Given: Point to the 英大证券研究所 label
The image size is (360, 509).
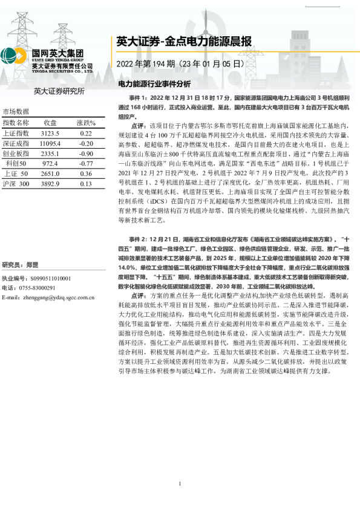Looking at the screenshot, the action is point(59,91).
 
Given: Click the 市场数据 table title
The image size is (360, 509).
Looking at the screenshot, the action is point(16,112).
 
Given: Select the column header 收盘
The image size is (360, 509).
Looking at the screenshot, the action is point(50,123).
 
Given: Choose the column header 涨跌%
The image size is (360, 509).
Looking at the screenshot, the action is point(86,123).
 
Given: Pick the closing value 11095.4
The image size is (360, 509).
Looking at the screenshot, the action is point(50,143).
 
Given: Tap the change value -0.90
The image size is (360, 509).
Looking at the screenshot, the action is point(86,153).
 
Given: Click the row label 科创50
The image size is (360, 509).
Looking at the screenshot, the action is point(16,163).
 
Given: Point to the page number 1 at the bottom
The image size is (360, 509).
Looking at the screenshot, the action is point(180,484).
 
